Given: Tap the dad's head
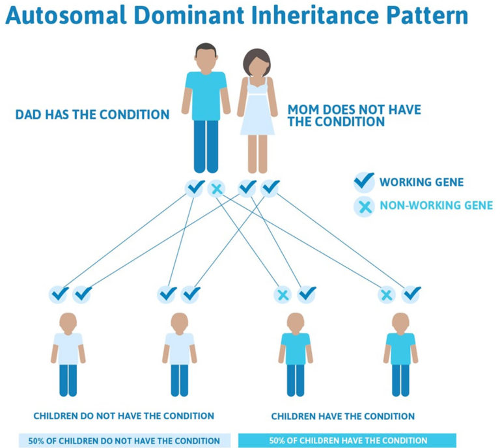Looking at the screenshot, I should click(x=206, y=56).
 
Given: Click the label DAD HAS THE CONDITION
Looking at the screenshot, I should click(x=92, y=115).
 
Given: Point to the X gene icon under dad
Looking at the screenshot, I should click(x=217, y=189).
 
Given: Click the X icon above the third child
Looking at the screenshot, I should click(x=283, y=295).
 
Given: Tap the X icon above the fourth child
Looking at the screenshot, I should click(x=387, y=295).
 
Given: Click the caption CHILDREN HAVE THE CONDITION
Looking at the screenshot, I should click(x=342, y=415).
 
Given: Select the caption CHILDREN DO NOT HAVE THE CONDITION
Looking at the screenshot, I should click(x=123, y=415).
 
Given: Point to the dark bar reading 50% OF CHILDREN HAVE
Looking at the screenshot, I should click(x=348, y=440).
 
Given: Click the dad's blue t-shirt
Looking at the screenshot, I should click(x=206, y=88).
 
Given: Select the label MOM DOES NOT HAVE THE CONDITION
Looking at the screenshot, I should click(x=354, y=115).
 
